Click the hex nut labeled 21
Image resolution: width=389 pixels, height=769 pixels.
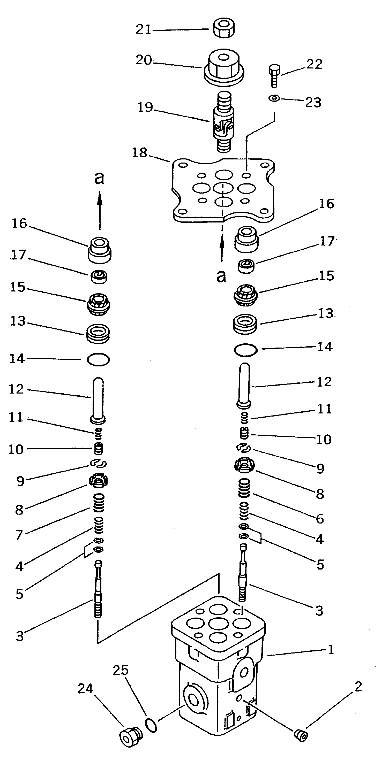(224, 29)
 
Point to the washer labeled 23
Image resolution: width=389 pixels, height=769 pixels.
(274, 98)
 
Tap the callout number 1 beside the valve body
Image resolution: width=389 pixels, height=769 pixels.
(331, 650)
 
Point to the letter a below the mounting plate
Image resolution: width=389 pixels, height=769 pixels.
(221, 276)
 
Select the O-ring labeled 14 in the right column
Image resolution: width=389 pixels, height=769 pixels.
(245, 350)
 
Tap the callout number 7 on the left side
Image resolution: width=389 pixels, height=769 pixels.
(19, 535)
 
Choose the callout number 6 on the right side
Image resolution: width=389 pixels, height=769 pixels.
(320, 519)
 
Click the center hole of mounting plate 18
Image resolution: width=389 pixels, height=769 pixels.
(223, 188)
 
